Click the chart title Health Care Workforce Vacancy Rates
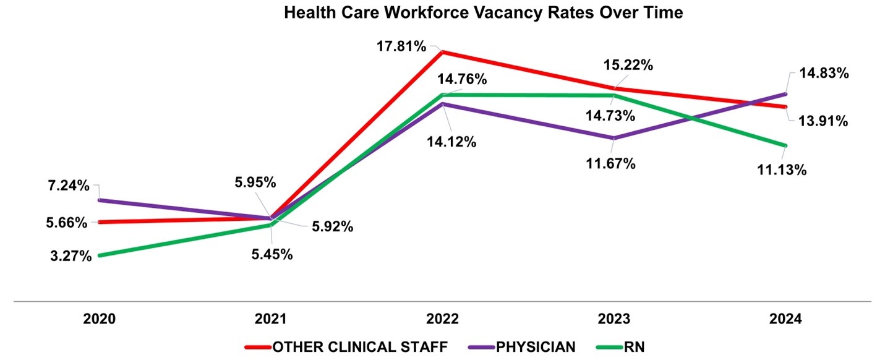coord(483,13)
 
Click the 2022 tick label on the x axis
coord(442,320)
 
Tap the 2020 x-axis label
coord(99,320)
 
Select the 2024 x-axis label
coord(785,320)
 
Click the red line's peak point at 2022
coord(442,52)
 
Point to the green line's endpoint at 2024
coord(785,145)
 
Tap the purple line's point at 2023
coord(613,138)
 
